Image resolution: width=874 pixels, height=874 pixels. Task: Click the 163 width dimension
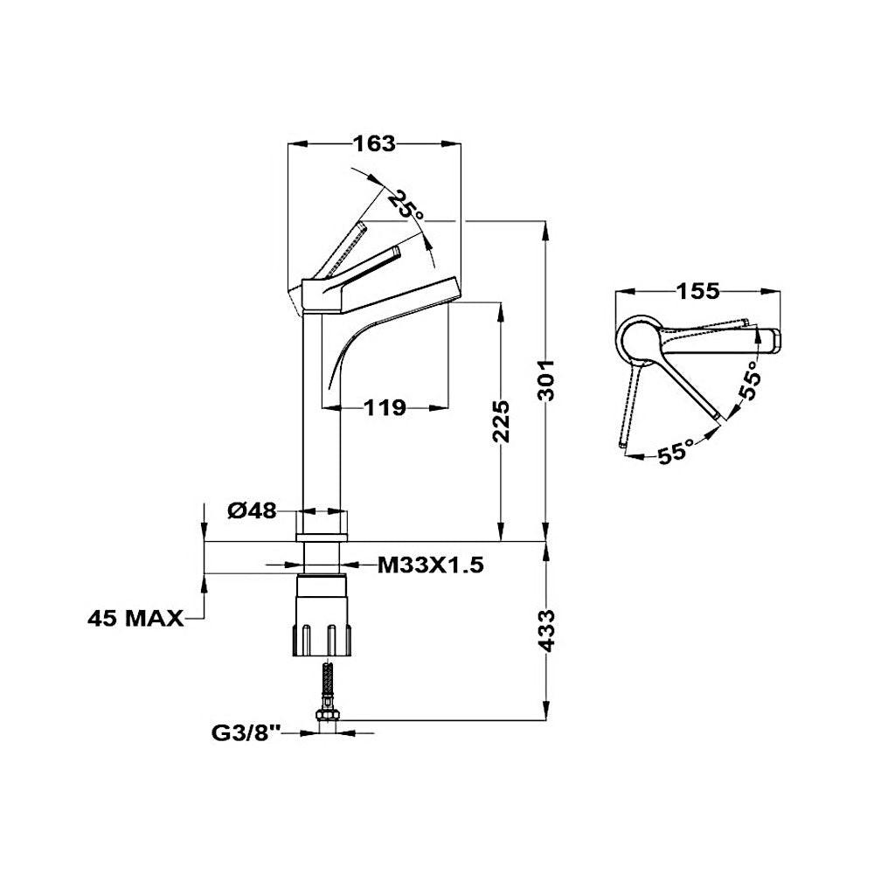pos(374,144)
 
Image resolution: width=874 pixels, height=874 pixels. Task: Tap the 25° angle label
pos(406,205)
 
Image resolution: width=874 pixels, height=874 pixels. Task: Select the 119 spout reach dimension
pos(385,408)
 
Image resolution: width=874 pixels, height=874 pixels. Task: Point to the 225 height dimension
pos(501,421)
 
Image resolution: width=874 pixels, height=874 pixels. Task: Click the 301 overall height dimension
pos(545,380)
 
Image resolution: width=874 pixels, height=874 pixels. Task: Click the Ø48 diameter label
pos(252,510)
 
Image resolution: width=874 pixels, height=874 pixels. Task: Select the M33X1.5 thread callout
pos(430,565)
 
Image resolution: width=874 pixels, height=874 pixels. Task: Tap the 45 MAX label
pos(135,618)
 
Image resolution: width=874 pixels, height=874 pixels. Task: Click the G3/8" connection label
pos(245,733)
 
